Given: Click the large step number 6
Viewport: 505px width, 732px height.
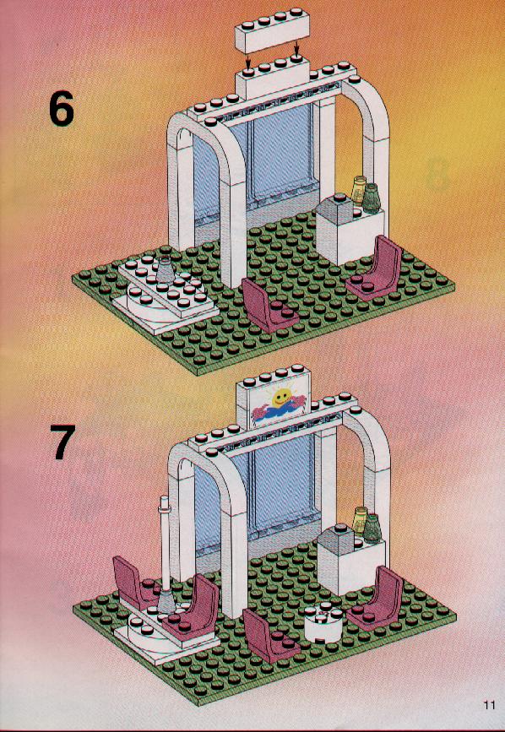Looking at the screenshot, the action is point(62,109).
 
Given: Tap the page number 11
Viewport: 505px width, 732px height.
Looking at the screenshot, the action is point(489,704).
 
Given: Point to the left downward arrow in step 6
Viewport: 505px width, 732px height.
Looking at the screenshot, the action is point(248,59).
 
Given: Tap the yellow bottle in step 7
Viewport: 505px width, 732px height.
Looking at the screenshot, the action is point(361,520).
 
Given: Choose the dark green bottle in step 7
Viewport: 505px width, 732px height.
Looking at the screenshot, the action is point(372,528).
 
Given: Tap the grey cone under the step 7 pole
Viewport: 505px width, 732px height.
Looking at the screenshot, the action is point(166,600).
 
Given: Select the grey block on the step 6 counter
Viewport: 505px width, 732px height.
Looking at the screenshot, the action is point(335,207).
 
